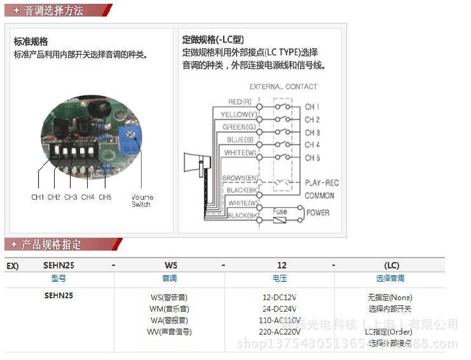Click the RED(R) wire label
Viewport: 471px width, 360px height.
pyautogui.click(x=240, y=102)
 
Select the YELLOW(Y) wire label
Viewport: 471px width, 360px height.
pyautogui.click(x=238, y=114)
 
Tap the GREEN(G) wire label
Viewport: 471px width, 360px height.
pyautogui.click(x=239, y=127)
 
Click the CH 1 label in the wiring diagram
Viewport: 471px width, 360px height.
pyautogui.click(x=312, y=107)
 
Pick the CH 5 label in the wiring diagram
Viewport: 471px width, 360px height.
pyautogui.click(x=312, y=158)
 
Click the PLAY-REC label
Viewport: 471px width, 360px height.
pyautogui.click(x=322, y=183)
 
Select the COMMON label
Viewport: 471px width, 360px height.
pyautogui.click(x=319, y=195)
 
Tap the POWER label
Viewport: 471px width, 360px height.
pyautogui.click(x=318, y=213)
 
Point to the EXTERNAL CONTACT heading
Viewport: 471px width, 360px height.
pyautogui.click(x=283, y=87)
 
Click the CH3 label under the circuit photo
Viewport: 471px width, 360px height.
pyautogui.click(x=71, y=197)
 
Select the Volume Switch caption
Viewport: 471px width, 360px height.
pyautogui.click(x=142, y=200)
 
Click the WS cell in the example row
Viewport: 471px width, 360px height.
pyautogui.click(x=171, y=265)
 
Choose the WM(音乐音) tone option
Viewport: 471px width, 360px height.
pyautogui.click(x=169, y=308)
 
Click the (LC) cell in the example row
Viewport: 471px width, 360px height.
pyautogui.click(x=392, y=265)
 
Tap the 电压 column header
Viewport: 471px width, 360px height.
pyautogui.click(x=280, y=278)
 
